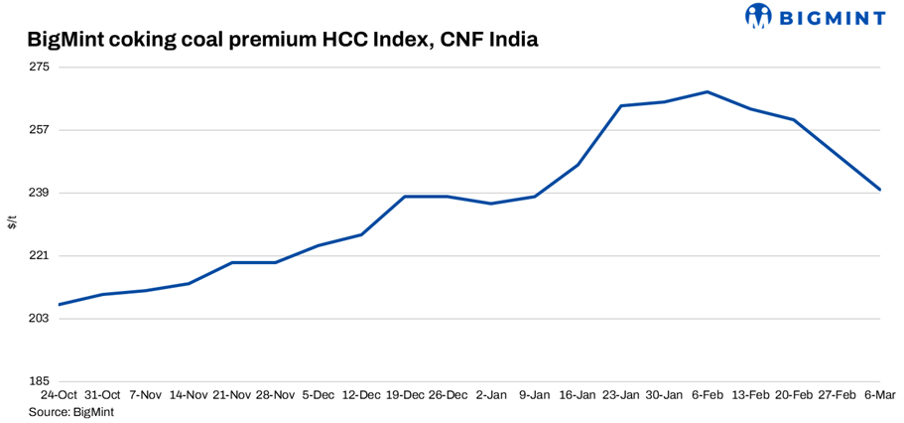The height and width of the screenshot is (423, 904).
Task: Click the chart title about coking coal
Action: (x=283, y=41)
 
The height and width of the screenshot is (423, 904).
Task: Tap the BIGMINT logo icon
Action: (x=759, y=16)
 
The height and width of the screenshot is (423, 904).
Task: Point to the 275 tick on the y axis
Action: (x=40, y=68)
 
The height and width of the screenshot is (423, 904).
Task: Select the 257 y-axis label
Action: (x=40, y=130)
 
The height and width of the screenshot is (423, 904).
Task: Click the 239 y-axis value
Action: (x=40, y=193)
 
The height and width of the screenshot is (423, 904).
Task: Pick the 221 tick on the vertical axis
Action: (x=40, y=256)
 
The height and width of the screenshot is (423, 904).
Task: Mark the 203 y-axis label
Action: (x=40, y=319)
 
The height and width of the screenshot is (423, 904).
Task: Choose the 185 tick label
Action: (x=40, y=381)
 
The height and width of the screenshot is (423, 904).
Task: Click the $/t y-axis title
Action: (x=12, y=222)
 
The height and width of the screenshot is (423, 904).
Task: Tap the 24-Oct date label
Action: (x=60, y=395)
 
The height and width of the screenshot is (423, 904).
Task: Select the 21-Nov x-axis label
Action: (x=231, y=395)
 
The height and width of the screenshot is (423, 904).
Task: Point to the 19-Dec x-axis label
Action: (x=404, y=395)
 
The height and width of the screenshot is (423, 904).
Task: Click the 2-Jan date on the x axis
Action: (x=492, y=395)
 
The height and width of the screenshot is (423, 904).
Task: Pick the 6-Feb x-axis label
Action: (x=707, y=395)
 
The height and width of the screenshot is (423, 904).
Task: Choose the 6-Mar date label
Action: (x=880, y=395)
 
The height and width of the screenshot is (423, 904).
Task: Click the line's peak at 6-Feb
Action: (x=707, y=91)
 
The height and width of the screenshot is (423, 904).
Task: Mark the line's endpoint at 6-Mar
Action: (x=881, y=190)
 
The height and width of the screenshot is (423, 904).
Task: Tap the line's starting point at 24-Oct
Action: (x=61, y=304)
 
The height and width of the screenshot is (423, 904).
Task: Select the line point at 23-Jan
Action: (x=621, y=105)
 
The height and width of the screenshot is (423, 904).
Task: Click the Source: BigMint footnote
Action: (x=71, y=411)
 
